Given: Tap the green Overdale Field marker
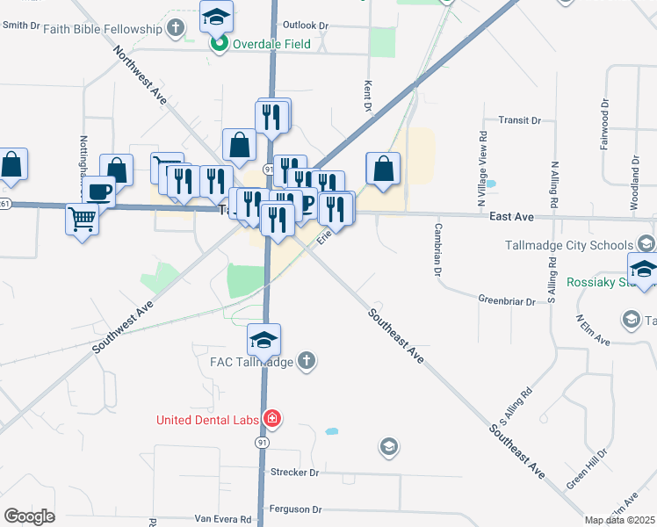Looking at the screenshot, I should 216,44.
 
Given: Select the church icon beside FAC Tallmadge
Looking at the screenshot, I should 306,361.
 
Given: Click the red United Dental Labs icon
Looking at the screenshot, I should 273,419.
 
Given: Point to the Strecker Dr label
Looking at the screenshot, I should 294,472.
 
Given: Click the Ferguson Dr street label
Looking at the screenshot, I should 296,509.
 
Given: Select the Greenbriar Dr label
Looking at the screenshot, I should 507,300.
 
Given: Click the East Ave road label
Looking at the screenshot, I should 512,216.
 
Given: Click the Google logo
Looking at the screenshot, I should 30,516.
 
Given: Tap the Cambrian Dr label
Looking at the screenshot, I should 437,249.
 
